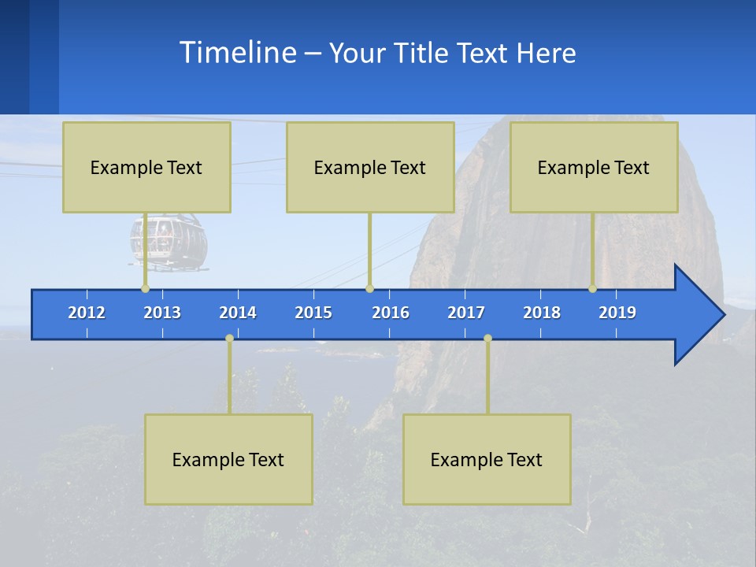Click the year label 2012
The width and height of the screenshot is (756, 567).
(87, 313)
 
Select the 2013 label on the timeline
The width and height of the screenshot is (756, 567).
(162, 313)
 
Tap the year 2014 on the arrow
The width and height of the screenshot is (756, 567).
(238, 313)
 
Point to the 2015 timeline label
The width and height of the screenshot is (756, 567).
(313, 313)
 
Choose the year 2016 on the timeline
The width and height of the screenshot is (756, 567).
(391, 313)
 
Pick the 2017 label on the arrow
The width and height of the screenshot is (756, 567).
(466, 313)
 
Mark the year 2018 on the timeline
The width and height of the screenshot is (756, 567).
(542, 313)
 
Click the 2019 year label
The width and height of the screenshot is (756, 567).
(617, 313)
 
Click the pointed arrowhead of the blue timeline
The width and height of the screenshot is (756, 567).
(701, 315)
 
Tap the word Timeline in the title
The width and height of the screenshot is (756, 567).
(237, 53)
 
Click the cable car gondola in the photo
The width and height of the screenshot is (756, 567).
(169, 242)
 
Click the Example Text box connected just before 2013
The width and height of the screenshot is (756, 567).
(146, 167)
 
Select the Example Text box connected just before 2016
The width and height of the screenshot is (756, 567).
(370, 167)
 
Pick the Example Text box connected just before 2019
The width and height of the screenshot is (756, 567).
(594, 167)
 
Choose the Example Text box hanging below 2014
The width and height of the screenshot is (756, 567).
(228, 459)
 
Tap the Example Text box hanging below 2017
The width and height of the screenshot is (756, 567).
(487, 459)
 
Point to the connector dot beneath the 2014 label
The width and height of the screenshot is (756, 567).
(229, 339)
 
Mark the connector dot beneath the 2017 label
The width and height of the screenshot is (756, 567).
(487, 339)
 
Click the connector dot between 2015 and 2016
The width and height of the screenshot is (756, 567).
(369, 288)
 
